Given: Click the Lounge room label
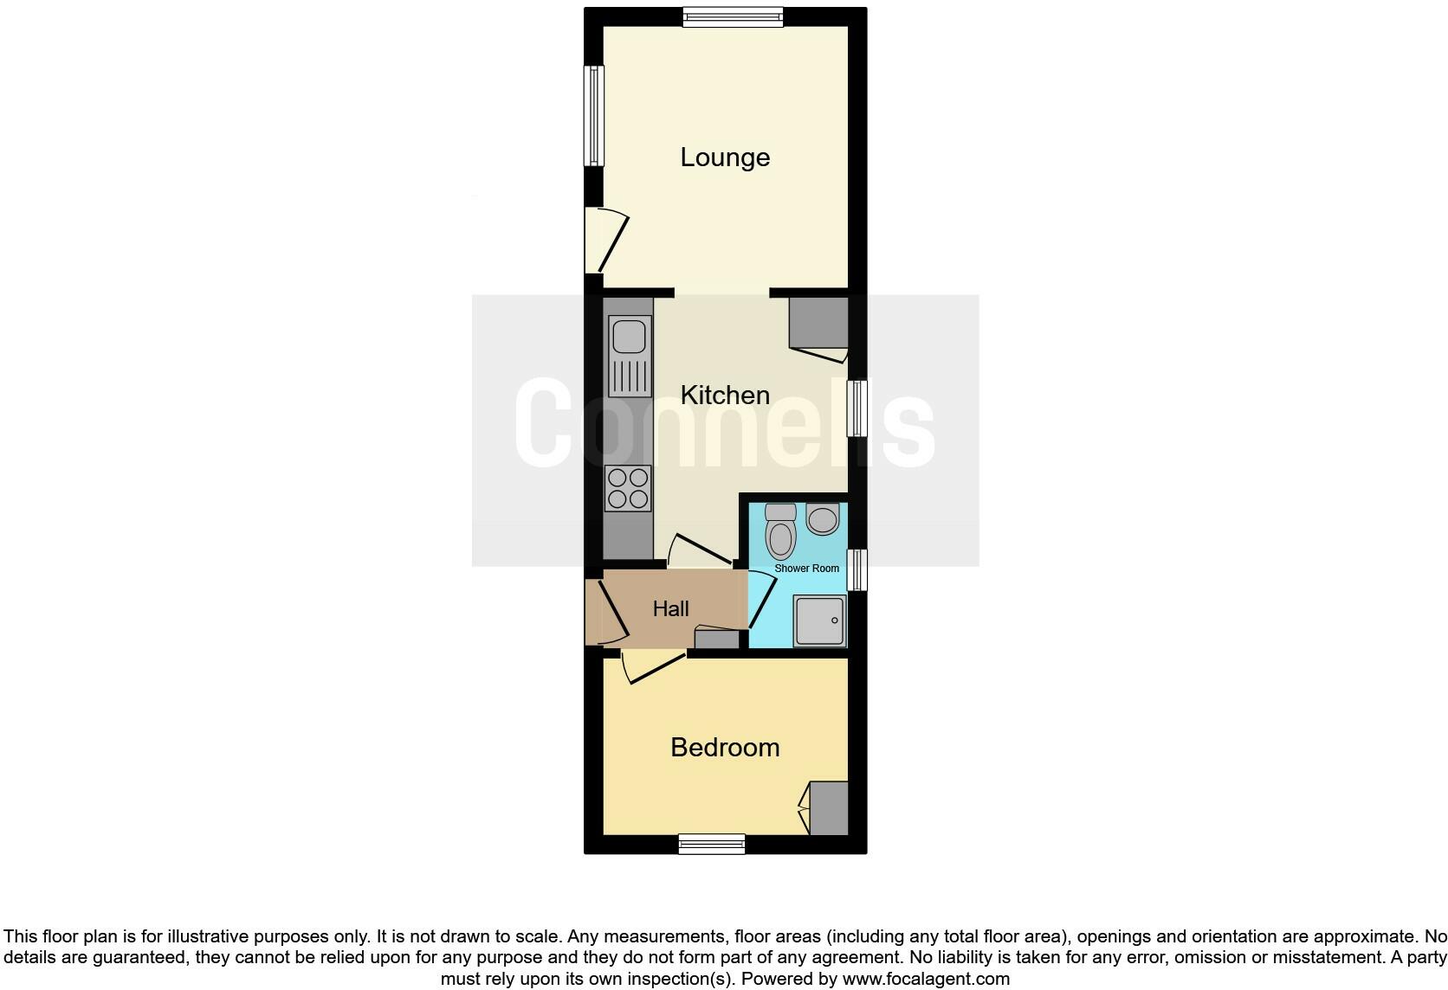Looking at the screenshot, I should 725,157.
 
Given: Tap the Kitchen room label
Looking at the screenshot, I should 725,395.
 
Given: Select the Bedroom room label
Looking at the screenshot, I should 725,748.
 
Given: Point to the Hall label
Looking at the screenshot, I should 670,609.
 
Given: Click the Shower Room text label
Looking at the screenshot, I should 806,569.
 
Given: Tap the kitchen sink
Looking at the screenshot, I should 629,356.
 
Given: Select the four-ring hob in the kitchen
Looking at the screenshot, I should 629,488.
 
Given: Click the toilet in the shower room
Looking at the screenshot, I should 781,531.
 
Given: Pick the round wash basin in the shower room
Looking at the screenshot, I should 822,519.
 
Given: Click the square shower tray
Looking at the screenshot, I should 820,620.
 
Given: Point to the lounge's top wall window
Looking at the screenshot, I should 733,16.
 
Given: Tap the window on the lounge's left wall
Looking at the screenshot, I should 593,116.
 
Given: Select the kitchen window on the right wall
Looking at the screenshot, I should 857,408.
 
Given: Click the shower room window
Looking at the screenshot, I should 857,569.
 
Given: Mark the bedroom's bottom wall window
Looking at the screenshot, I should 712,844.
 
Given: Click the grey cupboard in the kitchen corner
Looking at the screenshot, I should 818,323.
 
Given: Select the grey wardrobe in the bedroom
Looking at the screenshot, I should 829,808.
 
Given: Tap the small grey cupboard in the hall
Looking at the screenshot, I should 717,640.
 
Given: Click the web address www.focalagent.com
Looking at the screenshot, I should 925,980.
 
